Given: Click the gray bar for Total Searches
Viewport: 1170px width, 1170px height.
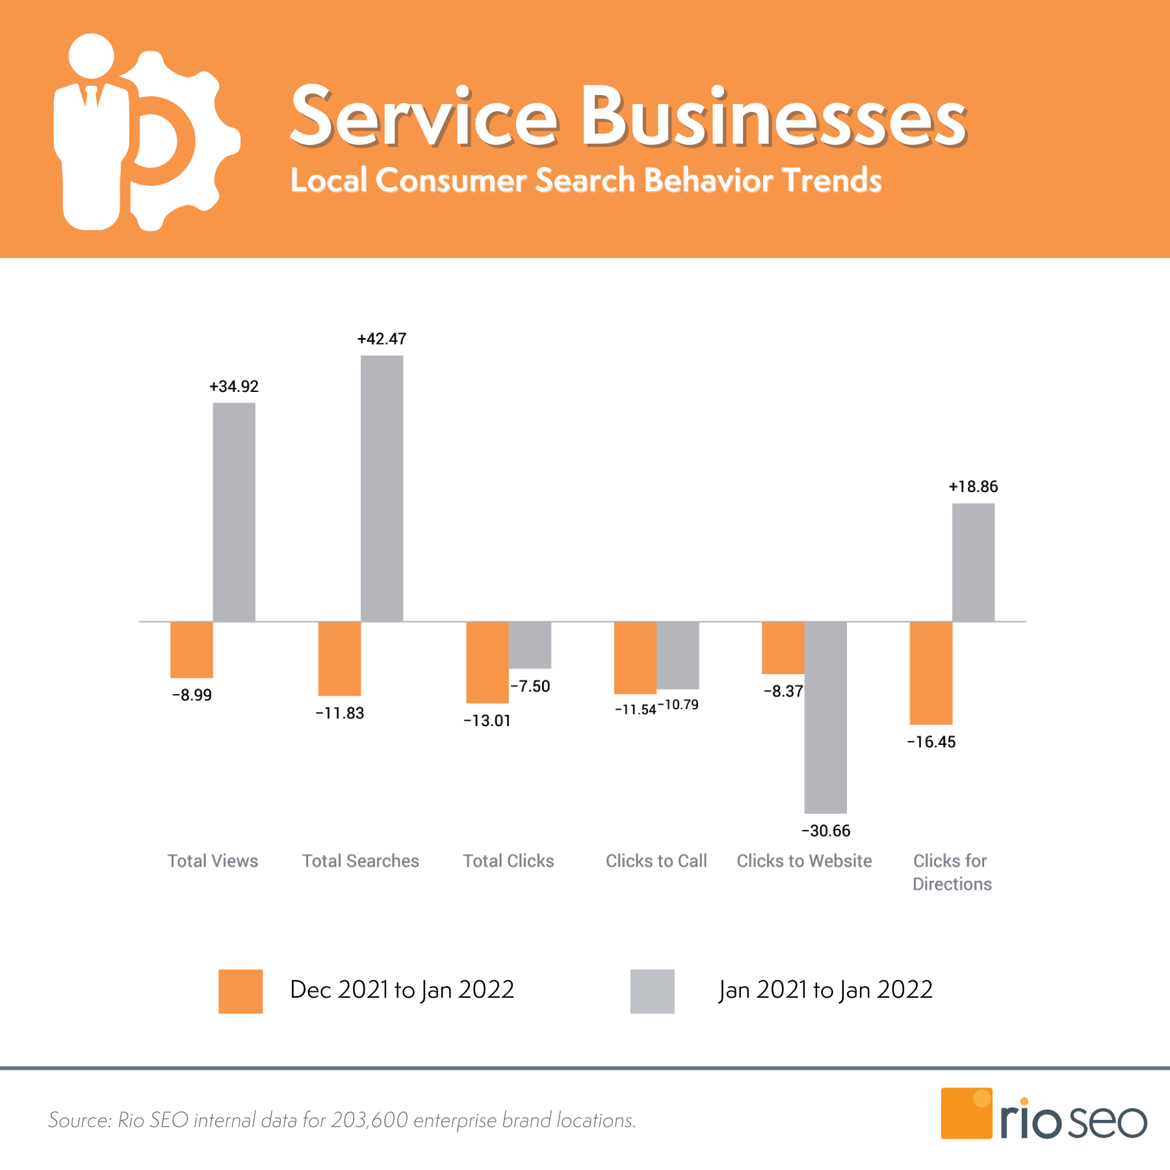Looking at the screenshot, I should click(382, 487).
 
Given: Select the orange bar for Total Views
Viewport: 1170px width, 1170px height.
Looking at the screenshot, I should click(192, 649).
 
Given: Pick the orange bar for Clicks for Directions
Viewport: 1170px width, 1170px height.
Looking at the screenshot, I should click(931, 673).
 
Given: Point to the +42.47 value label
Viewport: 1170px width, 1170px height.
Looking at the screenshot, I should click(382, 339).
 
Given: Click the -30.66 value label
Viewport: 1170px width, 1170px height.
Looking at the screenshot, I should click(825, 831).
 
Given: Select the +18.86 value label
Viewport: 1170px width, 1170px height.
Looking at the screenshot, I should click(973, 487).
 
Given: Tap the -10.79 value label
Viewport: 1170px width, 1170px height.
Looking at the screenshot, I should click(679, 705).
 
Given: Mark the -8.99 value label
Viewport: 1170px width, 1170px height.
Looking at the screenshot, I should click(192, 695).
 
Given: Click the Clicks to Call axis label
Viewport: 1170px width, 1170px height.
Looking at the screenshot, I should click(656, 861).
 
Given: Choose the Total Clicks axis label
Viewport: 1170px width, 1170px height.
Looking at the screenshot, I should click(508, 861).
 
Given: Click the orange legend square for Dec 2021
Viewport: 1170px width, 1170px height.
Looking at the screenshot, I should click(240, 991).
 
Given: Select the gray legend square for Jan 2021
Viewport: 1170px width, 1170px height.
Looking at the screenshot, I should click(652, 991).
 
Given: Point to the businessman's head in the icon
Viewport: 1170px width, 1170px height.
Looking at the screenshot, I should click(92, 56).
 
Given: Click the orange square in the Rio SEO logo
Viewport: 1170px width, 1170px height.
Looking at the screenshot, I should click(966, 1113).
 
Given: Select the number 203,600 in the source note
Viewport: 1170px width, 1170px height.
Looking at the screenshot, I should click(369, 1120).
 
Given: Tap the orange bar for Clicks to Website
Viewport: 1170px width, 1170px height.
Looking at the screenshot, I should click(783, 647).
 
